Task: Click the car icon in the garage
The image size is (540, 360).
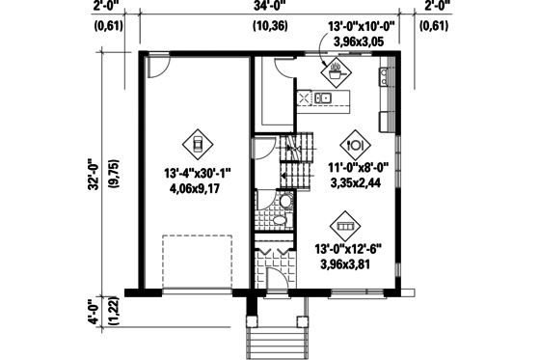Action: coord(197,146)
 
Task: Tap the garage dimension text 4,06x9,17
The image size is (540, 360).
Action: coord(198,189)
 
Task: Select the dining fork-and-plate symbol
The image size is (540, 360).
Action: coord(355,143)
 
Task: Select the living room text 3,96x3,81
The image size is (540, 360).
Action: coord(348,264)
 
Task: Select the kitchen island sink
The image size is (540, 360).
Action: coord(324,97)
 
